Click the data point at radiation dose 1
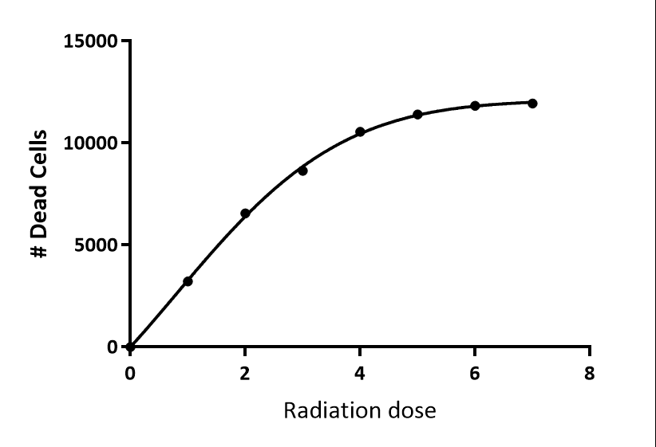tap(188, 281)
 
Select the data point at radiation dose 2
tap(245, 214)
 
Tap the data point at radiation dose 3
tap(302, 171)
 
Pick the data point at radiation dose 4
tap(360, 131)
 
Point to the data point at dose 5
tap(417, 115)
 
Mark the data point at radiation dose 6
tap(475, 106)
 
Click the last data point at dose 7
tap(532, 104)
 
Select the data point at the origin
tap(130, 347)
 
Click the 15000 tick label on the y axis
tap(90, 41)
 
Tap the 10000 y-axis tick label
tap(90, 143)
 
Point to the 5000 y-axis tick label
tap(95, 245)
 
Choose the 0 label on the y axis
tap(111, 347)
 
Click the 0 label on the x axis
tap(130, 373)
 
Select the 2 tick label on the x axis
tap(245, 373)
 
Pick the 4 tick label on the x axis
tap(360, 373)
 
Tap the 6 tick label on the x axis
tap(475, 373)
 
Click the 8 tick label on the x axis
tap(590, 373)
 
